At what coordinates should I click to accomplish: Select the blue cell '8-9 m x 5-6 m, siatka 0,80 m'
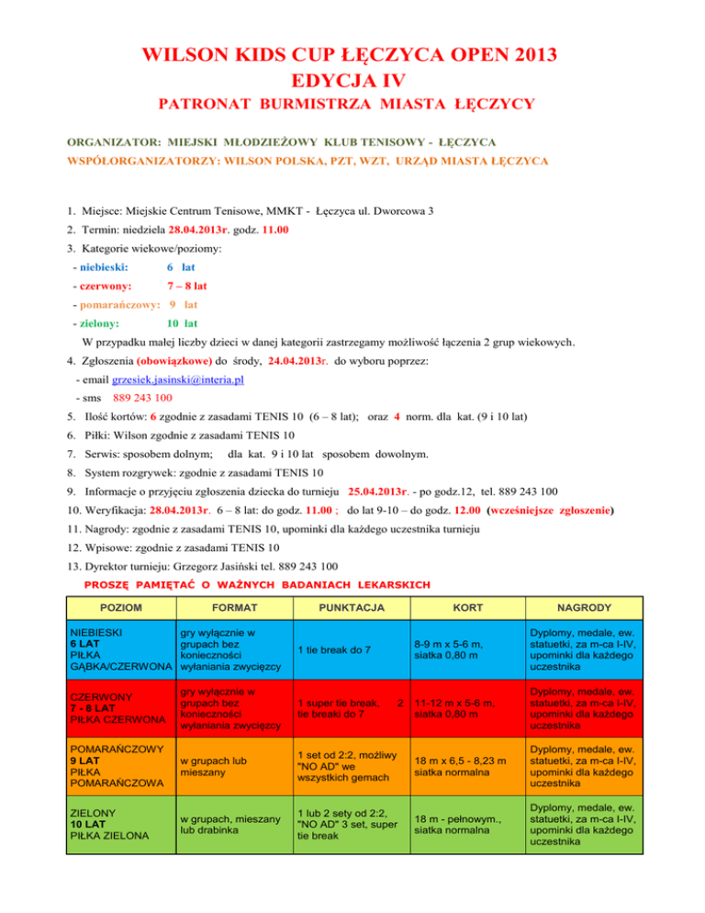point(454,649)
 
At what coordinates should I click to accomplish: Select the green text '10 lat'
point(182,323)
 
